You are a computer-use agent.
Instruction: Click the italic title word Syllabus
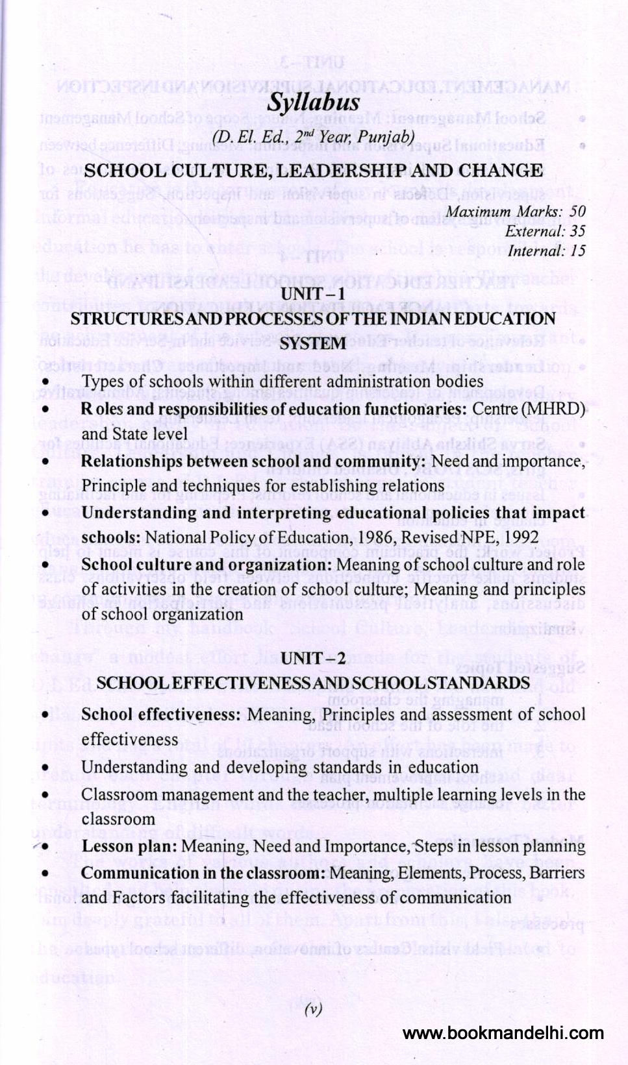[x=313, y=103]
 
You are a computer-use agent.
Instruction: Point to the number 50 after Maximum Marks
[x=577, y=212]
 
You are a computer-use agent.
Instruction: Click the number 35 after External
[x=577, y=231]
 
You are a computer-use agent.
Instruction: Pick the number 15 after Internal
[x=577, y=251]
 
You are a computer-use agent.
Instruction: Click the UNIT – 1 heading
[x=313, y=294]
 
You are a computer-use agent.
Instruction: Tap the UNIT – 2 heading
[x=313, y=658]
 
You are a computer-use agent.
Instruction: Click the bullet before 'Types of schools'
[x=45, y=382]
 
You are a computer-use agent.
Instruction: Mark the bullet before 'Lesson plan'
[x=45, y=847]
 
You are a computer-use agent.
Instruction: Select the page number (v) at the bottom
[x=314, y=1009]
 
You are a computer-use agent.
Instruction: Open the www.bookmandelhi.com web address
[x=503, y=1033]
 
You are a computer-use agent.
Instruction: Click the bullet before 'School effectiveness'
[x=45, y=715]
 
